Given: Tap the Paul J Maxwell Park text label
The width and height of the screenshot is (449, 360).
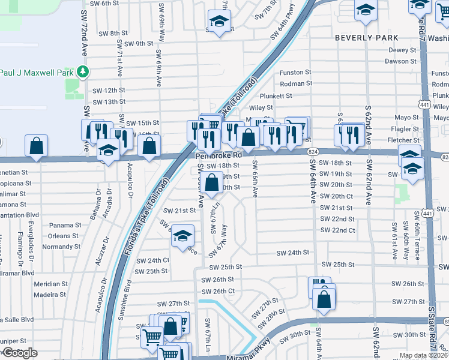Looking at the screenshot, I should pos(36,73).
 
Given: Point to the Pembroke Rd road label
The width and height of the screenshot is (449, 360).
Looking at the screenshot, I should pos(218,155).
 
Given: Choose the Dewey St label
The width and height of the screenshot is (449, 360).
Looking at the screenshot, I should pos(402,50).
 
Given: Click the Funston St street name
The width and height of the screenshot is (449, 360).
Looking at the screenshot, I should pos(295,73).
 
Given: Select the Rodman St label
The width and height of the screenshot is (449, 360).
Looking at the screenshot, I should pos(295,83).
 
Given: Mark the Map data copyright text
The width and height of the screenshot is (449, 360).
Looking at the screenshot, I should pos(423,355).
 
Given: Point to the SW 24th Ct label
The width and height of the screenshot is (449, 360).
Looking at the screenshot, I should pos(152,260).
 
